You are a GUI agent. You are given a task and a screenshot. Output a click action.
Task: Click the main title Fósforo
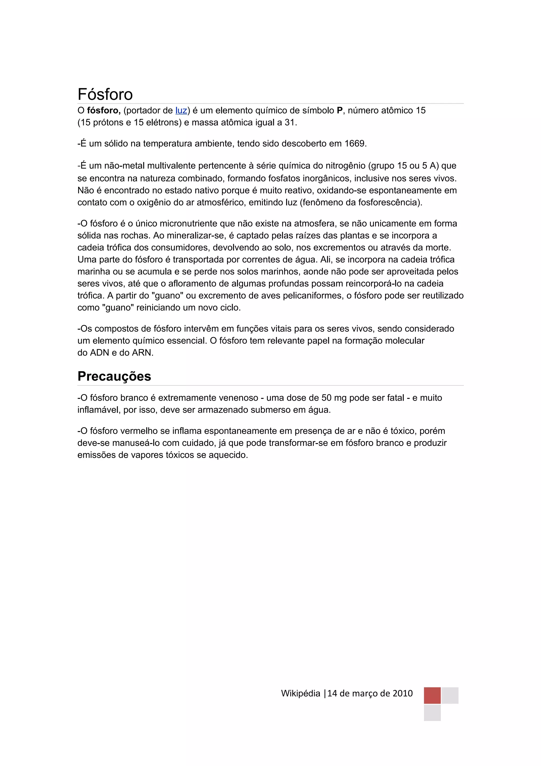point(105,94)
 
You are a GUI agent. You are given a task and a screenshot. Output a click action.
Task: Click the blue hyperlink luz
point(181,110)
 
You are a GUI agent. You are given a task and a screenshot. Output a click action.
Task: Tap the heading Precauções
point(114,376)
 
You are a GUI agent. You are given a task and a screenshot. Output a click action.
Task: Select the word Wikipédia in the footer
point(300,694)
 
